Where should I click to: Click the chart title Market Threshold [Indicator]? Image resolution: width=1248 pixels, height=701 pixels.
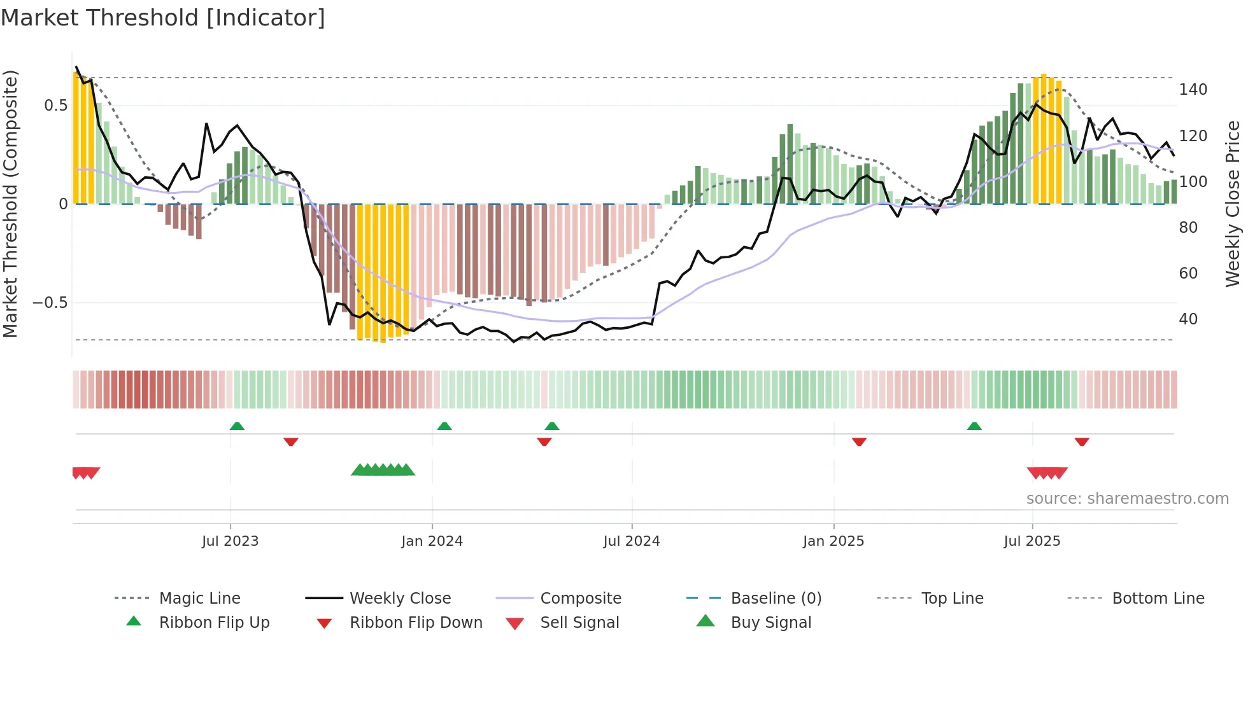click(163, 18)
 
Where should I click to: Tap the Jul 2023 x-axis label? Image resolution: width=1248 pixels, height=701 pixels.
click(230, 541)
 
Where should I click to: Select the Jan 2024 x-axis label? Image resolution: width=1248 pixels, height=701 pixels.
click(432, 541)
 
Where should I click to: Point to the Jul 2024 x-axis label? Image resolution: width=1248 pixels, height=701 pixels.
click(631, 541)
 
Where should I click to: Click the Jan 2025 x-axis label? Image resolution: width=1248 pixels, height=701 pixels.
click(833, 541)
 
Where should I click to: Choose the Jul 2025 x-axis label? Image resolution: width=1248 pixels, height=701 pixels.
click(1032, 541)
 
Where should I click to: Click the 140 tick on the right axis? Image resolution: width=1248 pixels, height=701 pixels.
click(1193, 90)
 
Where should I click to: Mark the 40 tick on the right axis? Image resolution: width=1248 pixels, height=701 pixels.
click(1188, 319)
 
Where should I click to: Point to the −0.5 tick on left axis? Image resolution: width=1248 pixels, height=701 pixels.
click(50, 303)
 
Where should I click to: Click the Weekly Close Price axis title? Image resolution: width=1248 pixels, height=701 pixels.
click(1233, 204)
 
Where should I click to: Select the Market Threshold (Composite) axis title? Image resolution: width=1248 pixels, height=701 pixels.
click(10, 204)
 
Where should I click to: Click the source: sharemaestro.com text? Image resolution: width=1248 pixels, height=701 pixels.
click(1127, 499)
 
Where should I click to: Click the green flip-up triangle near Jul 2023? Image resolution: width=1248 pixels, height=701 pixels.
click(237, 426)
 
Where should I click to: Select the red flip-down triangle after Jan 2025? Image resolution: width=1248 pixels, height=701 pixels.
click(859, 441)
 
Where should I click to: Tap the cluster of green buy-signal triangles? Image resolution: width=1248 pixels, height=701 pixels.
click(383, 471)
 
